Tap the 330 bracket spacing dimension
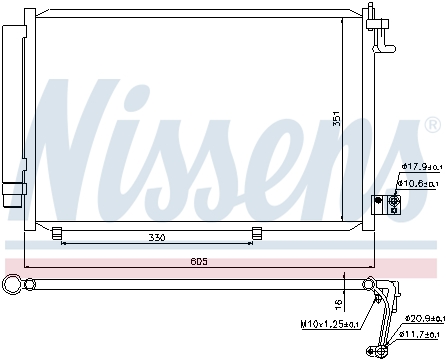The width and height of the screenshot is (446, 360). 156,238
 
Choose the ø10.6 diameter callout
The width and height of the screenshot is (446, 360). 420,182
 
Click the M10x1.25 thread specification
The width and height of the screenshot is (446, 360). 330,324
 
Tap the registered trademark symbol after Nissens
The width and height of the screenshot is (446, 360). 432,126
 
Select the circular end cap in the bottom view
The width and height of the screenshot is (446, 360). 13,284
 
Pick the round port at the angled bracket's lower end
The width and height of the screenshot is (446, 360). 380,349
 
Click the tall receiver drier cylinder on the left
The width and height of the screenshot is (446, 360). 12,100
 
